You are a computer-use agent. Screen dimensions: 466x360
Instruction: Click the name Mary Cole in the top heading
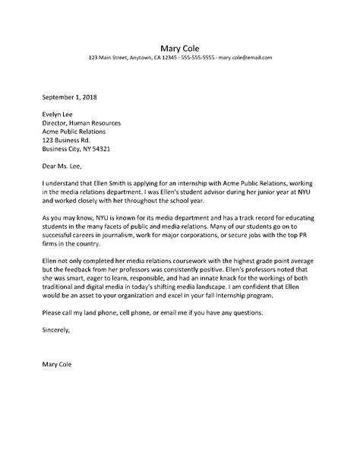(x=180, y=44)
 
